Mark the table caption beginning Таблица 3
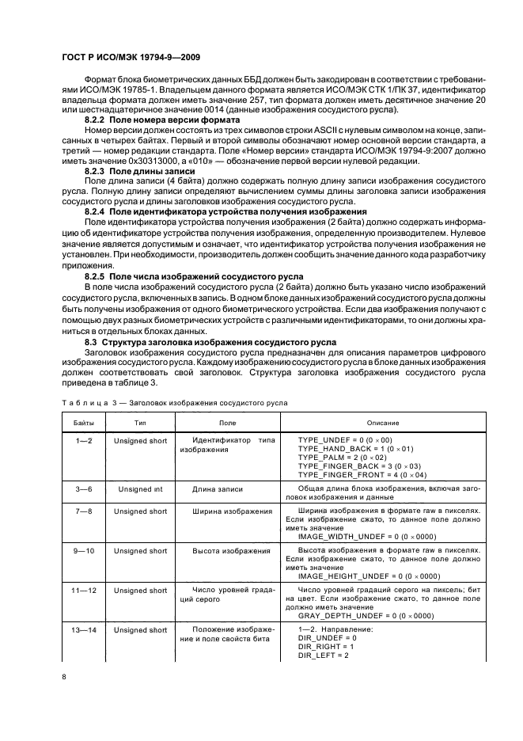pyautogui.click(x=175, y=402)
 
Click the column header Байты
pyautogui.click(x=84, y=424)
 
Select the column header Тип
pyautogui.click(x=140, y=424)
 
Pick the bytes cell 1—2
pyautogui.click(x=84, y=440)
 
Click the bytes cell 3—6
pyautogui.click(x=84, y=490)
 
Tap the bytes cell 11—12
pyautogui.click(x=84, y=590)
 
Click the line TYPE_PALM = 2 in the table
pyautogui.click(x=343, y=458)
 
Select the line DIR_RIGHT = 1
pyautogui.click(x=327, y=647)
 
